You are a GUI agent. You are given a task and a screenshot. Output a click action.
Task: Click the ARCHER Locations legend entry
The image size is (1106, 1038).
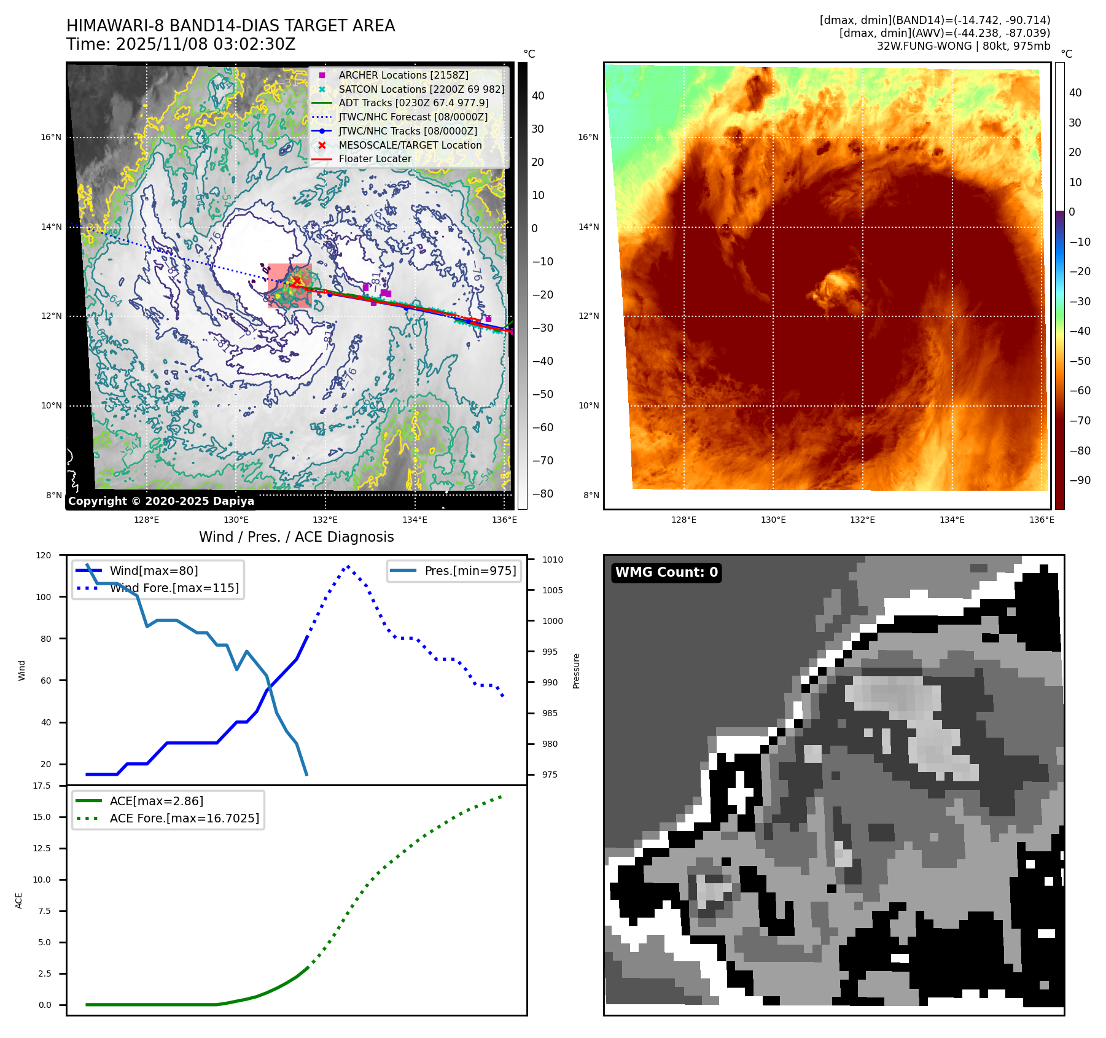(x=403, y=75)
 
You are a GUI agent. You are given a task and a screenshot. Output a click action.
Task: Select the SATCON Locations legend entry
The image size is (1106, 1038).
(x=421, y=89)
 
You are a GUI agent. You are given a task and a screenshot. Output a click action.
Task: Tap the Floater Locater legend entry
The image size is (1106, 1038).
(x=375, y=158)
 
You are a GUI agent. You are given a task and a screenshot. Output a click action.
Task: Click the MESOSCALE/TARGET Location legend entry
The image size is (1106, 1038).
(x=410, y=145)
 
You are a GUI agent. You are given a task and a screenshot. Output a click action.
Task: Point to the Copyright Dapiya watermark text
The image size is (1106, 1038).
(x=161, y=501)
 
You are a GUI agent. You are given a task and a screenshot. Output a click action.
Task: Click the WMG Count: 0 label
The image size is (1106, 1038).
(x=666, y=572)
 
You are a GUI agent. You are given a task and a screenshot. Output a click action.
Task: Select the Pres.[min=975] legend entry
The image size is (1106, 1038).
(x=470, y=571)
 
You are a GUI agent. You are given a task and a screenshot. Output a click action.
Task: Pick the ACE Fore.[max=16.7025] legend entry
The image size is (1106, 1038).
(x=184, y=818)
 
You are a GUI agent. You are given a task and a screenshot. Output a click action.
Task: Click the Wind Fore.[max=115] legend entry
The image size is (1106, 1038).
(x=174, y=588)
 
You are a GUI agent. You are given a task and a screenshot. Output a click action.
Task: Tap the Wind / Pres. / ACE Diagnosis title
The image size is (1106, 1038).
(x=296, y=537)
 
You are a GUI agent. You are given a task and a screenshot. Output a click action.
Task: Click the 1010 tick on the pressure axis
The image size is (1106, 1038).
(x=552, y=560)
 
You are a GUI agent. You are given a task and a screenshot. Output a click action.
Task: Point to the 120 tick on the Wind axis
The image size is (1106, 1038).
(x=44, y=555)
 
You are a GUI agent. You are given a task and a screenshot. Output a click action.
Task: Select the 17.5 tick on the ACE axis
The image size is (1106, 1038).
(x=42, y=786)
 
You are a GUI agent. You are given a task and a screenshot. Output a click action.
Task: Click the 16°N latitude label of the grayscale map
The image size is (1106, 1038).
(x=51, y=137)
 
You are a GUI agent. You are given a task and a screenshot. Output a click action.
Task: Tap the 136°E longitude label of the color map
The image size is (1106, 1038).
(x=1042, y=520)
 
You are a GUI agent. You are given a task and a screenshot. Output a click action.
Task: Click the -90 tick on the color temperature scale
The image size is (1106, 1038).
(x=1080, y=480)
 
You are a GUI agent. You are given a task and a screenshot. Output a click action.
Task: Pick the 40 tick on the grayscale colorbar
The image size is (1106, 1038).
(x=538, y=95)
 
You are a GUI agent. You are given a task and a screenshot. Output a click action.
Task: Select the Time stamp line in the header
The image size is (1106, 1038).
(x=181, y=44)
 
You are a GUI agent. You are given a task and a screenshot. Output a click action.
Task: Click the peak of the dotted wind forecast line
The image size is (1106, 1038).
(x=348, y=566)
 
